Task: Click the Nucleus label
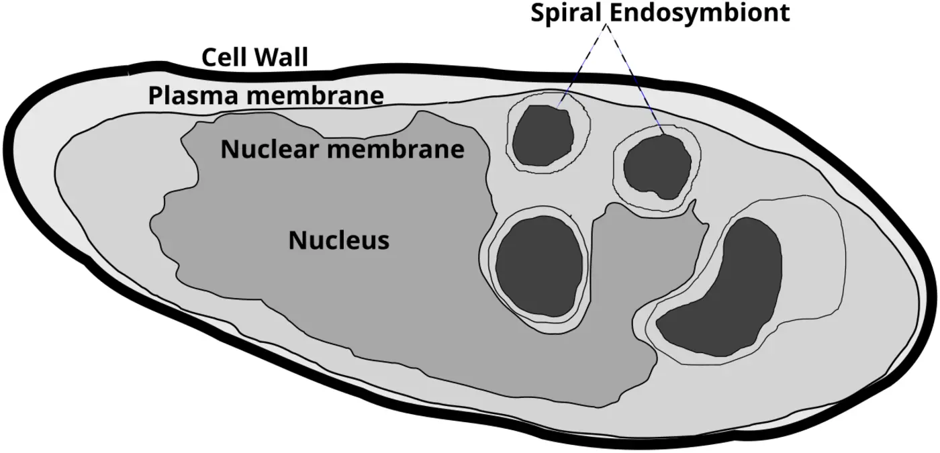(338, 240)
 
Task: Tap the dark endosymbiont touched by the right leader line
(658, 166)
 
